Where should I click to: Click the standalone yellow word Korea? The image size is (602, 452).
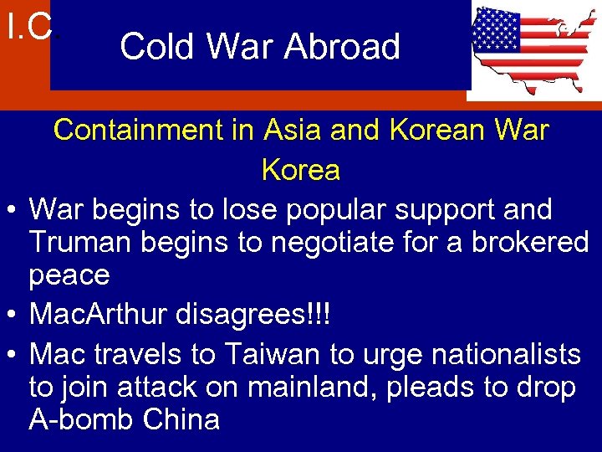[301, 170]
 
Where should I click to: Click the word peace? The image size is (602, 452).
[69, 275]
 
